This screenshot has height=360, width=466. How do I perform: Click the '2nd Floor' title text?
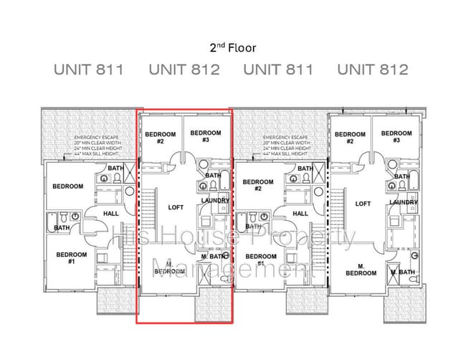[x=232, y=48]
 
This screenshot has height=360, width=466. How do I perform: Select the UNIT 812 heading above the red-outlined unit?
[x=184, y=70]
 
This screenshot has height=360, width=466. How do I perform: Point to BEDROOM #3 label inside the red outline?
[x=205, y=136]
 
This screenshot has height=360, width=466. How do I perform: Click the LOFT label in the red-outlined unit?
[x=176, y=207]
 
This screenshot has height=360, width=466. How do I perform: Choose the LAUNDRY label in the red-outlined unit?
[x=215, y=201]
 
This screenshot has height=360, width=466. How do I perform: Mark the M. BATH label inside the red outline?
[x=214, y=256]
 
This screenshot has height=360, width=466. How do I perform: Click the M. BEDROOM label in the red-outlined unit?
[x=169, y=268]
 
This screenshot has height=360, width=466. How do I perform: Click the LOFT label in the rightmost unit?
[x=363, y=204]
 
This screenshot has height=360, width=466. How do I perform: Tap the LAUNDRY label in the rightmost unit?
[x=404, y=202]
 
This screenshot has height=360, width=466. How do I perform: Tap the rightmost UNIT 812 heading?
[x=373, y=70]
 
